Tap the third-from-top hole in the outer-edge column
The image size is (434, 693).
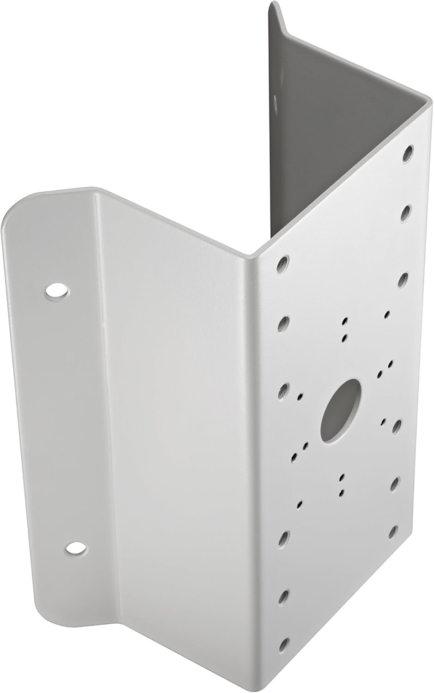click(403, 279)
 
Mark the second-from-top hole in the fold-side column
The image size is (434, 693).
click(283, 324)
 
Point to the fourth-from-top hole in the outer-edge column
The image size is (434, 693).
click(397, 427)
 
